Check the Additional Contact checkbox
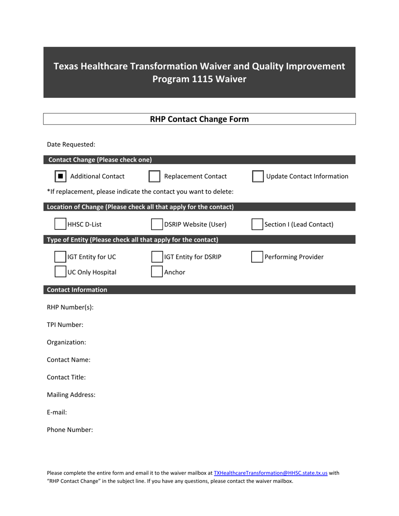tap(60, 177)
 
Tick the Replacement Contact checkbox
tap(155, 177)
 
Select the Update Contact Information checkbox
tap(258, 177)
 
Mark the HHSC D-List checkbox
tap(60, 224)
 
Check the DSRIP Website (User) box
tap(157, 224)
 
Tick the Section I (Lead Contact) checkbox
tap(257, 224)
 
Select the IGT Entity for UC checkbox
tap(60, 257)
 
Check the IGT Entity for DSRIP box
tap(157, 257)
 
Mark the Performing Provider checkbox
tap(257, 257)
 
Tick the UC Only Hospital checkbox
tap(60, 272)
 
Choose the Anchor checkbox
tap(157, 272)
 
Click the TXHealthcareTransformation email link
tap(270, 473)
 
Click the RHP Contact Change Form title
tap(199, 119)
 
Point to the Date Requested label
tap(71, 145)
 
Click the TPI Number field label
tap(65, 325)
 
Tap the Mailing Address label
tap(71, 395)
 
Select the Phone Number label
tap(70, 430)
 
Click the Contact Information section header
tap(77, 290)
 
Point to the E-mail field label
tap(57, 412)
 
